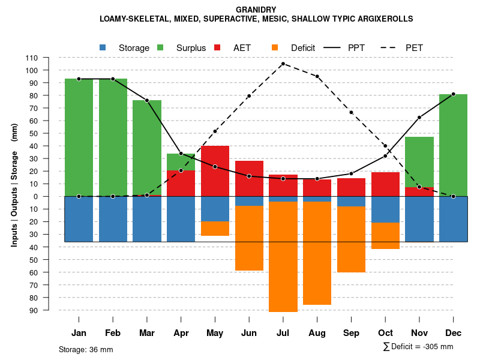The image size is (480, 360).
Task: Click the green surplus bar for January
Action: point(79,137)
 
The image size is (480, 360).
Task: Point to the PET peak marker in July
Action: point(283,64)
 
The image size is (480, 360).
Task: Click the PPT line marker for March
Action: point(146,100)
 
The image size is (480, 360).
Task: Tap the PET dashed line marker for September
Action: point(351,113)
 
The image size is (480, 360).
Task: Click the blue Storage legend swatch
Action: point(104,47)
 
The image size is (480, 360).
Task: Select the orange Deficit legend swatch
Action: point(275,47)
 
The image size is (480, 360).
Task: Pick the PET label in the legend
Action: point(415,48)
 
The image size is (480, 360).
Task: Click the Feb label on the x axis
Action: point(113,333)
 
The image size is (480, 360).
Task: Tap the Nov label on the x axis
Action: point(419,333)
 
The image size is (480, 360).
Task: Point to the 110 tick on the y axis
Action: point(32,58)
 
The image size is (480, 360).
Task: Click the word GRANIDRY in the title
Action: point(256,10)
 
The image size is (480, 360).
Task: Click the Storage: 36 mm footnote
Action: point(86,349)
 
